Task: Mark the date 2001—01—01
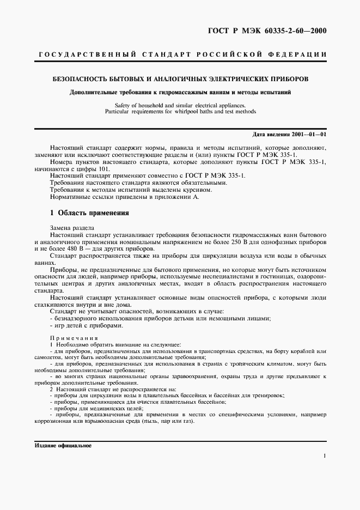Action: (306, 134)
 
